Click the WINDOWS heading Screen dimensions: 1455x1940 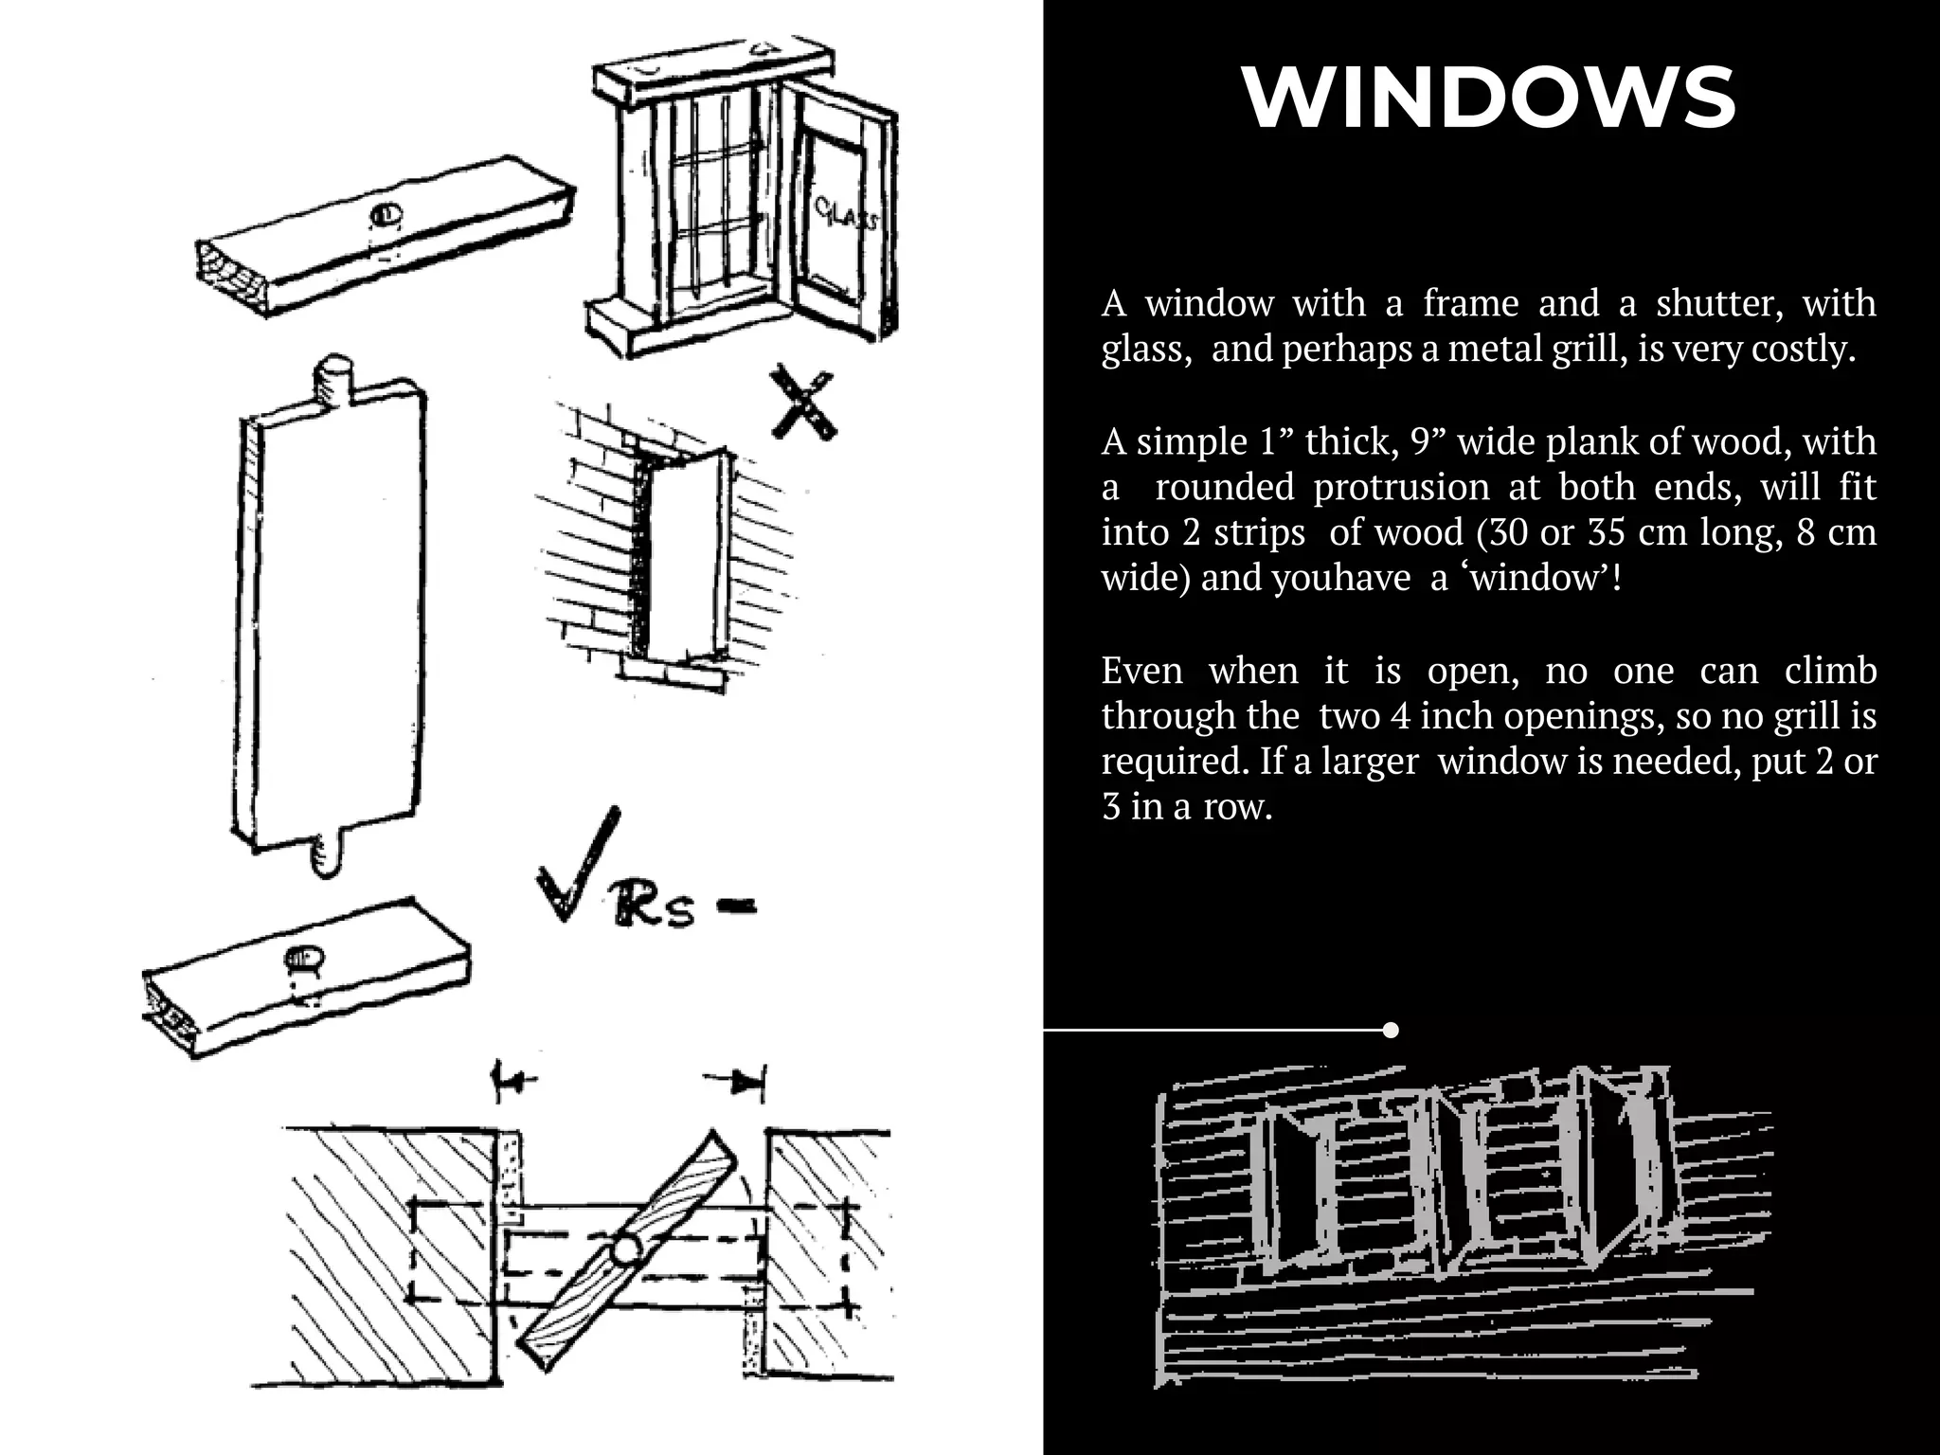[x=1488, y=98]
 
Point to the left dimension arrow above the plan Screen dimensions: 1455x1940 [x=513, y=1079]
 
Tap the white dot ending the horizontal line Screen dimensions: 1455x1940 [x=1391, y=1030]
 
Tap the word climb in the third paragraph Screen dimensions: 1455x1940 [x=1829, y=671]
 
